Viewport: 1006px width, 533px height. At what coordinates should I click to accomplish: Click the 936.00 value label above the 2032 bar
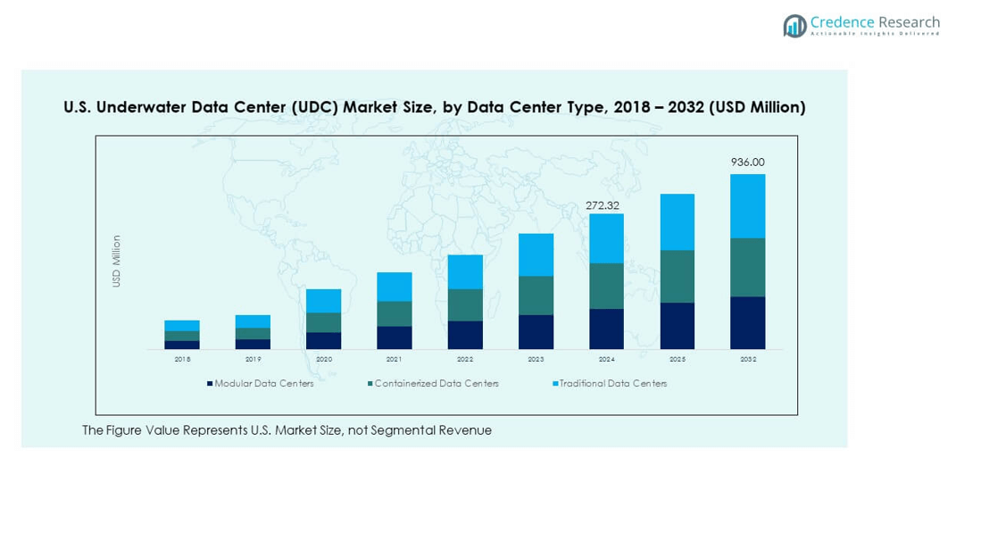coord(747,162)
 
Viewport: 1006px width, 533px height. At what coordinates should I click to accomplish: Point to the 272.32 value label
coord(603,205)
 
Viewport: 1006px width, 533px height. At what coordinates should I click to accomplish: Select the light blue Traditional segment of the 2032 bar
coord(747,206)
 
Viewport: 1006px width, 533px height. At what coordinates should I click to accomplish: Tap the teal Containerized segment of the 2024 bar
coord(606,286)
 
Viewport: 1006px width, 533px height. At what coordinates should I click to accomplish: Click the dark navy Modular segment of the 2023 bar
coord(536,331)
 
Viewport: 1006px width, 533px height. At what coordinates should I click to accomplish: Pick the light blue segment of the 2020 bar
coord(323,301)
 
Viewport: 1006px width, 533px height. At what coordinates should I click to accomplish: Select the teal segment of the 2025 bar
coord(677,276)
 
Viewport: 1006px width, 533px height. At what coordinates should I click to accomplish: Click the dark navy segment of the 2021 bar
coord(394,337)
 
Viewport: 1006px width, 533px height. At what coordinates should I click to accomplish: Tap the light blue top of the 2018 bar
coord(182,326)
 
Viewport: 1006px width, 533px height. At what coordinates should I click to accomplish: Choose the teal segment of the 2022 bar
coord(465,305)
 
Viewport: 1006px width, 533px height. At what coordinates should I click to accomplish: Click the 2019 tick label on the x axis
coord(253,359)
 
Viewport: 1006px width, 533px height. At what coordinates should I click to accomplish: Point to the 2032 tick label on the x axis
coord(747,359)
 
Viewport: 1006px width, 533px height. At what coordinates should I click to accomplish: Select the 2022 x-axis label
coord(465,359)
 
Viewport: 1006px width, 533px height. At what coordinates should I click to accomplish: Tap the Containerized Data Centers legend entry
coord(436,384)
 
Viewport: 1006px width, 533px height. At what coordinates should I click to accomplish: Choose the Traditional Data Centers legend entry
coord(612,384)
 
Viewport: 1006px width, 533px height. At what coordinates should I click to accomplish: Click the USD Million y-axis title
coord(116,261)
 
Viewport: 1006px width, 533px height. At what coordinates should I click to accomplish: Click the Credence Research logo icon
coord(794,26)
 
